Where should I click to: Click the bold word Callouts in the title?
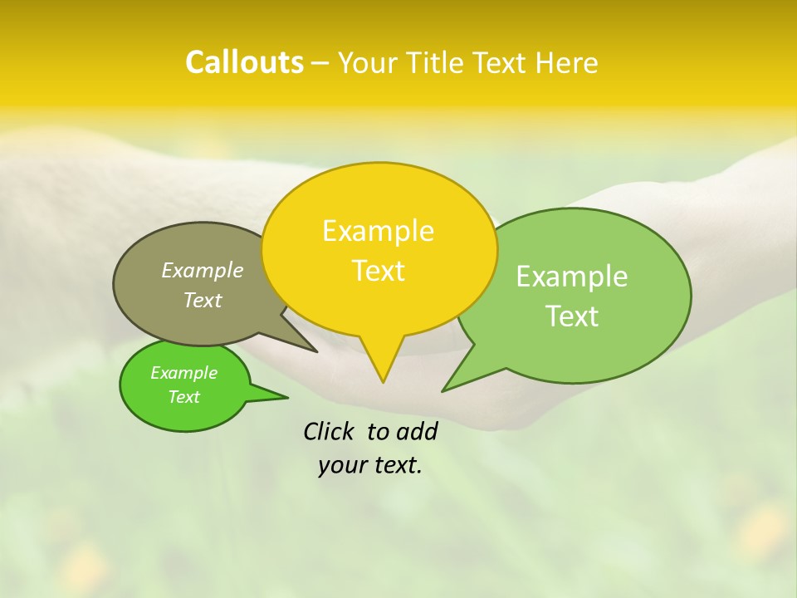pos(244,62)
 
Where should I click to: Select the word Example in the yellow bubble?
pos(378,231)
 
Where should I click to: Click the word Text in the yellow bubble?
pos(378,271)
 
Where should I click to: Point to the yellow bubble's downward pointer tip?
pos(383,381)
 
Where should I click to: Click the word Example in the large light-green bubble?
pos(572,277)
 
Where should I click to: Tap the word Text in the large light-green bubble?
pos(572,316)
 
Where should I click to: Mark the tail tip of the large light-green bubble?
pos(443,390)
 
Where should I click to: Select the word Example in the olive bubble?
pos(203,270)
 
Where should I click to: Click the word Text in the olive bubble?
pos(203,300)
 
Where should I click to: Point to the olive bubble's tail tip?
pos(316,351)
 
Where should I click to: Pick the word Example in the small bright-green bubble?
pos(183,373)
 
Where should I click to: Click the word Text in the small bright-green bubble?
pos(183,397)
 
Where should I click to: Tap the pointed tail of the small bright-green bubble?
pos(286,397)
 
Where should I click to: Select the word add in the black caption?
pos(417,431)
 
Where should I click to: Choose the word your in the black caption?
pos(342,466)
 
